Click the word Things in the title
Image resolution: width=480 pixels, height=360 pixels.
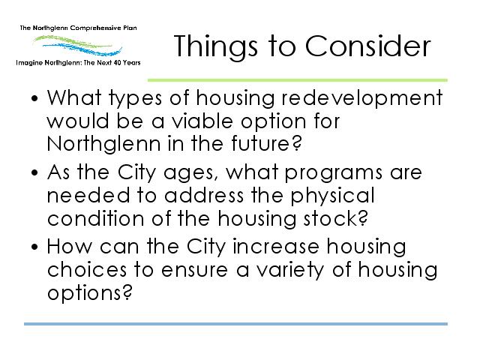click(x=215, y=46)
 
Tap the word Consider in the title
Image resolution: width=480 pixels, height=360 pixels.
click(x=367, y=46)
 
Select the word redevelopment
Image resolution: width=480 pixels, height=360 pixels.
click(x=361, y=98)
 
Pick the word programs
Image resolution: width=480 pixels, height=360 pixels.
click(x=333, y=173)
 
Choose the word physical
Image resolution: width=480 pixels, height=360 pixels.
click(x=332, y=196)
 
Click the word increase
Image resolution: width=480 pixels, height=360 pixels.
click(x=276, y=247)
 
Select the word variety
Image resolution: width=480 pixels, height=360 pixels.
click(x=289, y=271)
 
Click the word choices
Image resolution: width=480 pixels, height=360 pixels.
click(x=87, y=270)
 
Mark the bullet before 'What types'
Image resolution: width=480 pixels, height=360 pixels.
click(x=34, y=98)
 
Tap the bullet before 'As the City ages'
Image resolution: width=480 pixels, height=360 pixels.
click(x=34, y=172)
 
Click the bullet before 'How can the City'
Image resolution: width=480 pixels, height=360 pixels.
click(x=34, y=247)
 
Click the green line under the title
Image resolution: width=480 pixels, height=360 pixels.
click(x=298, y=80)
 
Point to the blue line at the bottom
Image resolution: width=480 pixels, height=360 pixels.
click(x=235, y=324)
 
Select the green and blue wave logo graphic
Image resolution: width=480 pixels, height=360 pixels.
click(x=78, y=45)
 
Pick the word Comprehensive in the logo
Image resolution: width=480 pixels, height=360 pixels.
click(x=96, y=28)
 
